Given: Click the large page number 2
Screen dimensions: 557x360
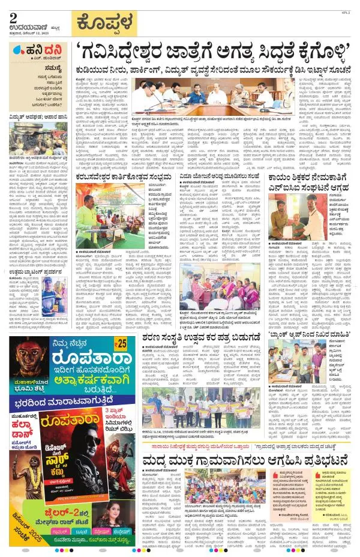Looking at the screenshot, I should click(x=13, y=16).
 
